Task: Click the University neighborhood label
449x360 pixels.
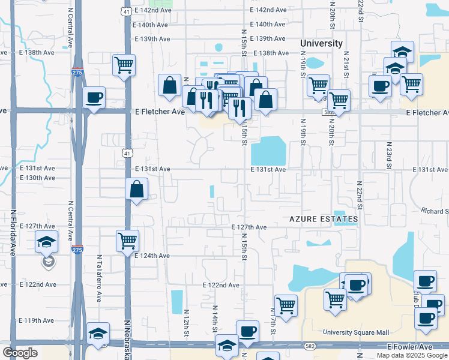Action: tap(321, 43)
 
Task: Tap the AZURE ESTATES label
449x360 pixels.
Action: tap(324, 220)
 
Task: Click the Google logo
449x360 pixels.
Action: tap(20, 353)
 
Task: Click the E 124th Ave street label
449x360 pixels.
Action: tap(152, 256)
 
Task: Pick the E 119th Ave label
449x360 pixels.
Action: tap(37, 320)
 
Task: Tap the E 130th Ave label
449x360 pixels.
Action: tap(37, 178)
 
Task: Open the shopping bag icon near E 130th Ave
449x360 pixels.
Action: tap(137, 189)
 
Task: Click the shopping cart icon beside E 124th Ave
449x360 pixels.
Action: tap(127, 241)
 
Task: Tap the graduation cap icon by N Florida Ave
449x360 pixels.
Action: tap(47, 242)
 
